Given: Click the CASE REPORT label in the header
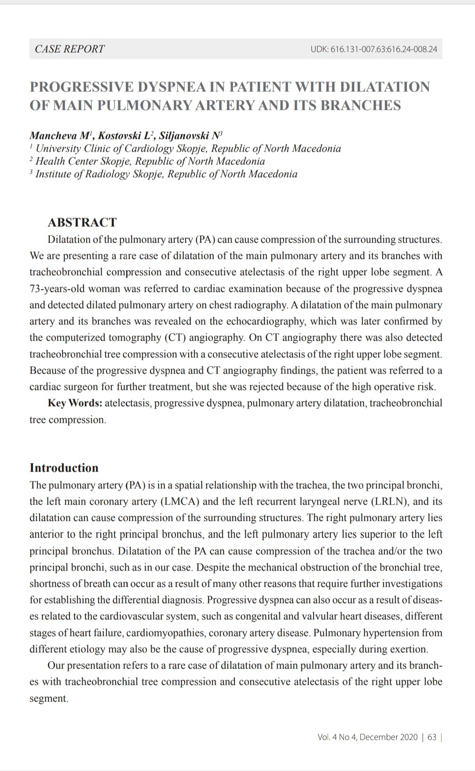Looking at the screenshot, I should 69,49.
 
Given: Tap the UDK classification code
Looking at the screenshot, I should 374,49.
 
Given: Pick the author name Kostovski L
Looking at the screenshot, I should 125,135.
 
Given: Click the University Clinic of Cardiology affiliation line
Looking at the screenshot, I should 188,149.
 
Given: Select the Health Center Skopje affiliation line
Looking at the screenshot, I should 150,161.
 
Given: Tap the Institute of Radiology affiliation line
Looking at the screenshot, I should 166,174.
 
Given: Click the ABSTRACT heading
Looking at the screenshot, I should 82,222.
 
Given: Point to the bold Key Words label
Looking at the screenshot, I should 75,403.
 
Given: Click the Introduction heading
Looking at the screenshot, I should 64,468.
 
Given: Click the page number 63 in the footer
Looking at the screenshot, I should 431,737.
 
